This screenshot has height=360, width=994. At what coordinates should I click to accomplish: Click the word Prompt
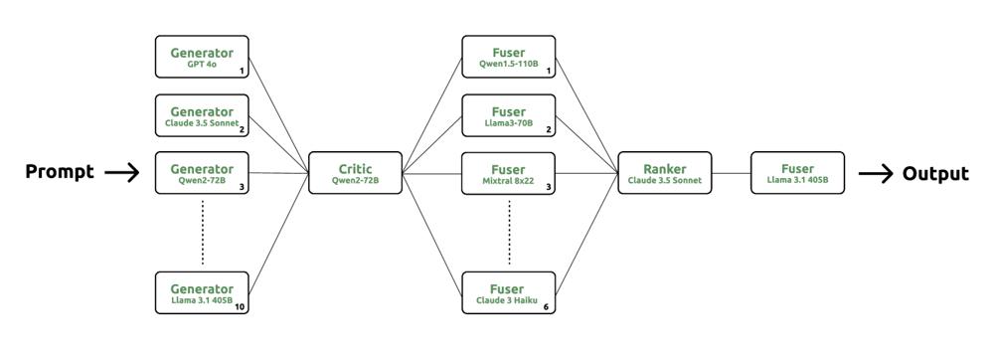(60, 172)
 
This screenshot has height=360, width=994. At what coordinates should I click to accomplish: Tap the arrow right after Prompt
(121, 172)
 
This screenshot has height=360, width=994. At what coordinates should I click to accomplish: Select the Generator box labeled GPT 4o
(202, 57)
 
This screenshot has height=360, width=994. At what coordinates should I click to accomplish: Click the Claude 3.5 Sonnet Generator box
(202, 115)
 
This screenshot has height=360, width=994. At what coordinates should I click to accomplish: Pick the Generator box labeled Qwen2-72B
(202, 172)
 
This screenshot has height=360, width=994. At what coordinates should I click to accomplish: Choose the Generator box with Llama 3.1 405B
(202, 292)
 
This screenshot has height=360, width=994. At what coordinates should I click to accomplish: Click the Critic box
(356, 172)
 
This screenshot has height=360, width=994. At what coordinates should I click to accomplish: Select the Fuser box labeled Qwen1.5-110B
(508, 57)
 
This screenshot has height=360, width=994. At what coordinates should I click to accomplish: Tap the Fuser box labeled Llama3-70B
(508, 115)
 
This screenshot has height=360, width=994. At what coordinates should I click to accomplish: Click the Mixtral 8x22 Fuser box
(508, 172)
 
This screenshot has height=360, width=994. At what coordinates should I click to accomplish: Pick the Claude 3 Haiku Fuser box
(508, 292)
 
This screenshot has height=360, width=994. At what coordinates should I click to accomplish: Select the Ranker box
(665, 172)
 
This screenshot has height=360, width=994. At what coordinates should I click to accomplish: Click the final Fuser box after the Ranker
(797, 172)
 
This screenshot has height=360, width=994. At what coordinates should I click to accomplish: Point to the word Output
(935, 174)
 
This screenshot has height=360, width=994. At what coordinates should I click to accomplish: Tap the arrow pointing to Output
(876, 173)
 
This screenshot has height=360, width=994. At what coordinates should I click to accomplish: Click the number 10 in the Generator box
(240, 307)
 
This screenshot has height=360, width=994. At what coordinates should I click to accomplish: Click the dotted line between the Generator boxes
(202, 233)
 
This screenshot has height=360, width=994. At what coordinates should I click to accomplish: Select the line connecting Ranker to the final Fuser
(731, 173)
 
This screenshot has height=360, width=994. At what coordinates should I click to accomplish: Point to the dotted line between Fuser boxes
(509, 233)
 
